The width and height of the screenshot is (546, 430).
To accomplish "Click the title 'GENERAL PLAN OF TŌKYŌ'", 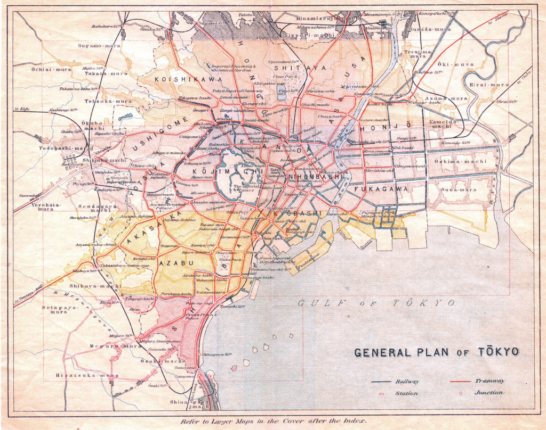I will click(436, 352).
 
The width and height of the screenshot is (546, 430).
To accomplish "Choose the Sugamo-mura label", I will click(98, 46).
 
